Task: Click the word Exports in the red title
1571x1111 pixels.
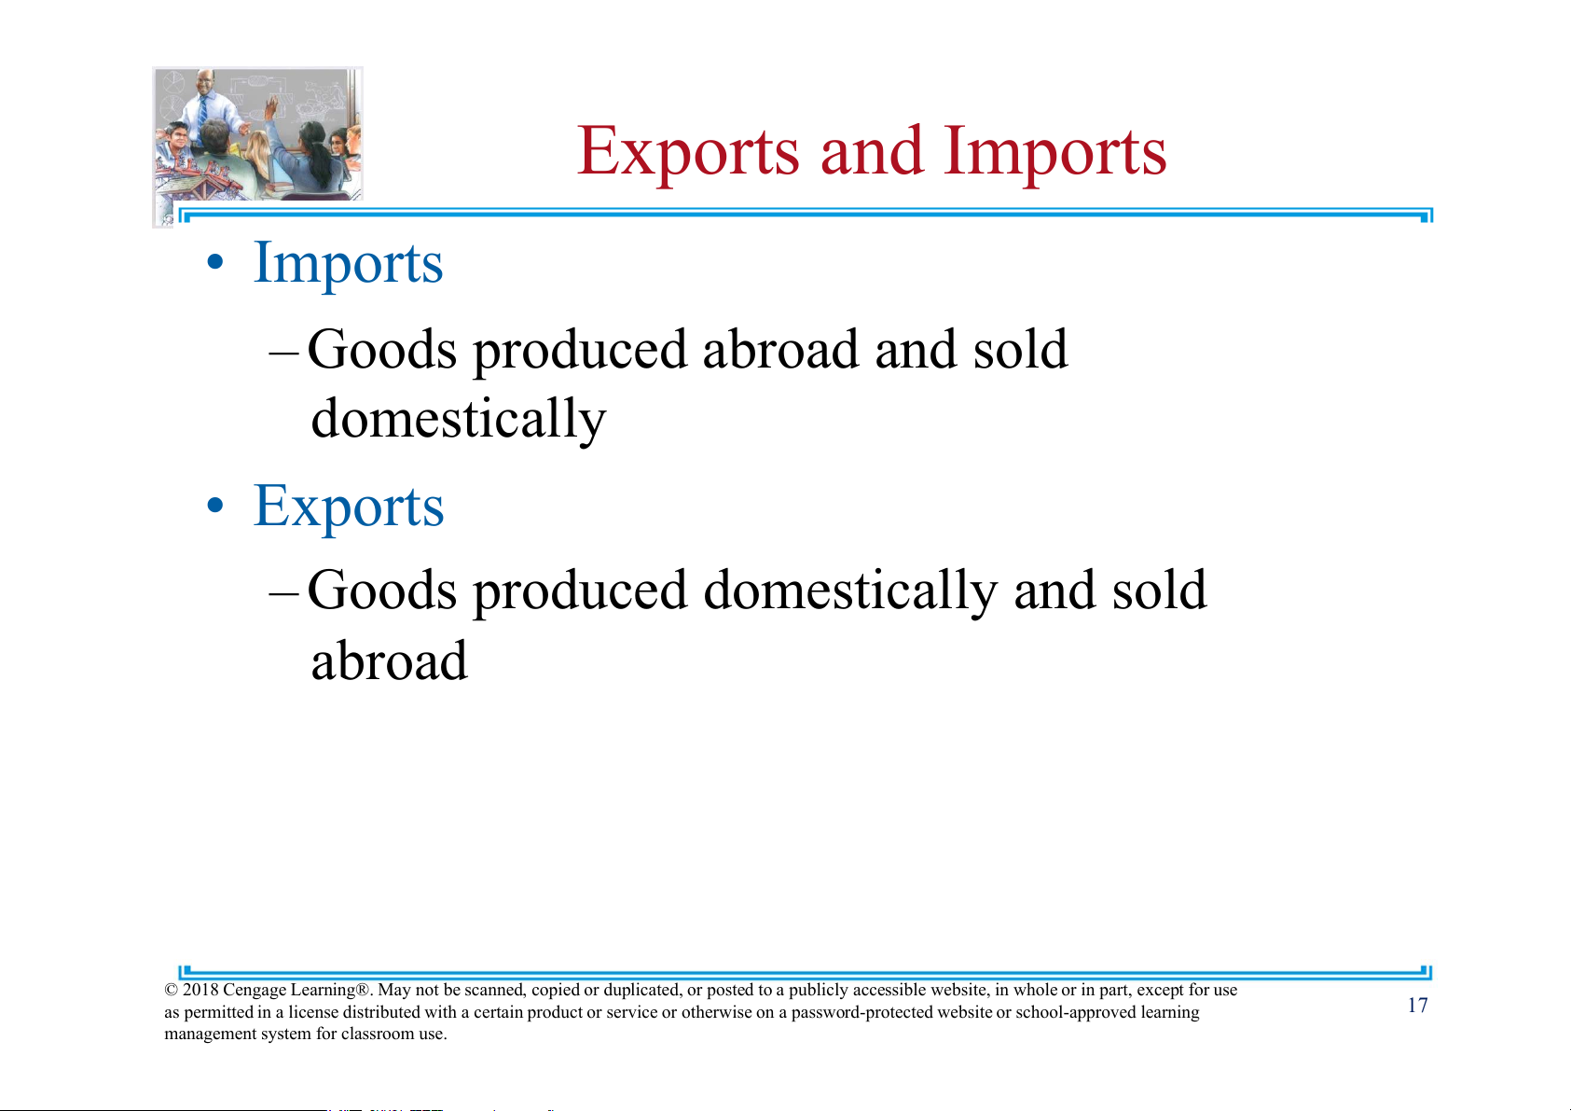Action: coord(688,152)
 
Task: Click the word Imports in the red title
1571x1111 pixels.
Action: coord(1055,152)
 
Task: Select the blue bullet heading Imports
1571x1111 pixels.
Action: coord(348,264)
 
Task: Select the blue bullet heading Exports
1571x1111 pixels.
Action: coord(349,506)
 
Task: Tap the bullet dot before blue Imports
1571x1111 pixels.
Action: coord(215,263)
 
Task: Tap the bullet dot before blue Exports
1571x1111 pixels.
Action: coord(215,506)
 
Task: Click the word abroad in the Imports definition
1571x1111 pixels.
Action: coord(780,349)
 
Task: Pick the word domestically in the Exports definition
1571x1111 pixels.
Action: coord(850,590)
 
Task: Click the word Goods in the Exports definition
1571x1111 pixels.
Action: coord(382,590)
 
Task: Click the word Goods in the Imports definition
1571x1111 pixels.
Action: coord(382,349)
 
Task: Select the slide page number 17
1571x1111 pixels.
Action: coord(1417,1006)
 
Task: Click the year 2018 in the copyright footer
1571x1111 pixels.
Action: coord(200,990)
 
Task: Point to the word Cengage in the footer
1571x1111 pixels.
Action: coord(255,991)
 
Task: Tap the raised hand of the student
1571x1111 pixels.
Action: coord(270,106)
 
